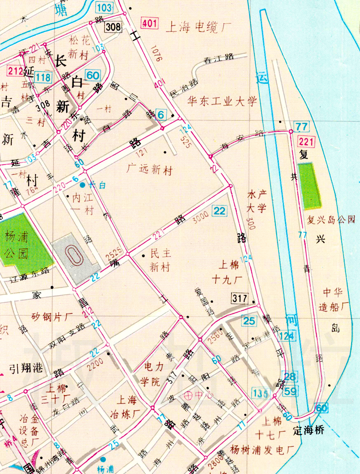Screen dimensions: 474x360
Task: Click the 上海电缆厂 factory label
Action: [199, 28]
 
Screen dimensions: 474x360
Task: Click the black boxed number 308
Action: [113, 28]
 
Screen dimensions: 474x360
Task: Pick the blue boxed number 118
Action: [43, 77]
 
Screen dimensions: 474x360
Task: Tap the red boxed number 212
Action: [15, 70]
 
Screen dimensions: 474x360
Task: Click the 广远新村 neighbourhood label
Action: [150, 170]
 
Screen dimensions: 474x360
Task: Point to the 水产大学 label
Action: [257, 201]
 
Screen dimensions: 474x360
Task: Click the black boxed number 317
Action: [240, 298]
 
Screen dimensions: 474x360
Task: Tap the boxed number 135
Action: [260, 392]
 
